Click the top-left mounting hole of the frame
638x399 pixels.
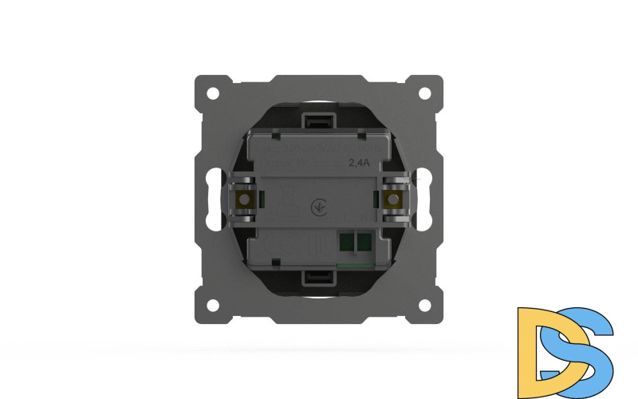213,92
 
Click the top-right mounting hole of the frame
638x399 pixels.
425,92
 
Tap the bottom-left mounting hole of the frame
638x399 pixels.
213,304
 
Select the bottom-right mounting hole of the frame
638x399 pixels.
425,304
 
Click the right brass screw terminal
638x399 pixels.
392,199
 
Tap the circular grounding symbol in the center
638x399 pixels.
317,206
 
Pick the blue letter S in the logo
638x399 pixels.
586,343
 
